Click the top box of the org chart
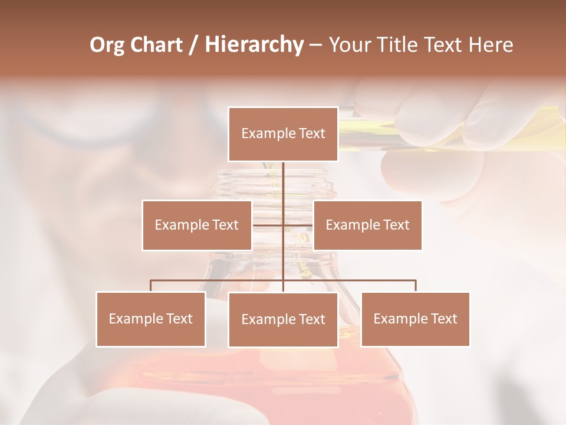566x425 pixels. [283, 134]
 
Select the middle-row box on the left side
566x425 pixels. [196, 225]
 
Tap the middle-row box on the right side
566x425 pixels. [367, 225]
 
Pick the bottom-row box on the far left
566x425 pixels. [150, 319]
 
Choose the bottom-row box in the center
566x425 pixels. [283, 319]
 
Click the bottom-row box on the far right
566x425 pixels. [415, 319]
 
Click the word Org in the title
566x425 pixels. [107, 45]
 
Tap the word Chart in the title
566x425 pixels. [156, 45]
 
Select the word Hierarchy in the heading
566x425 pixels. [254, 45]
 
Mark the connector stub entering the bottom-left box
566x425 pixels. [151, 286]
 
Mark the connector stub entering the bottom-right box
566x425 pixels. [416, 286]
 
